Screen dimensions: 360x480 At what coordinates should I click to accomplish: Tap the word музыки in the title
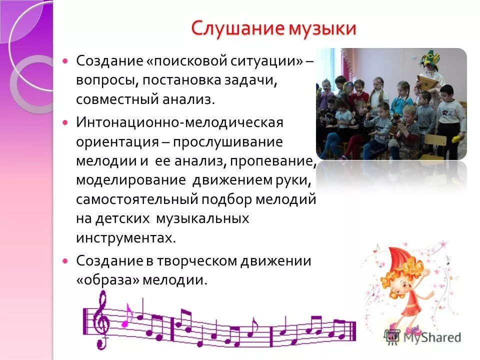(321, 28)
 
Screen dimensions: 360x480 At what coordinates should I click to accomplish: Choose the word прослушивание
(228, 142)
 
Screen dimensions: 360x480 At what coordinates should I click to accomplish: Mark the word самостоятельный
(137, 199)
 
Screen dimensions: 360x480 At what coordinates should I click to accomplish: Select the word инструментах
(126, 237)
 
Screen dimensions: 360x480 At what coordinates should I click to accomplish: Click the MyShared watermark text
(429, 337)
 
